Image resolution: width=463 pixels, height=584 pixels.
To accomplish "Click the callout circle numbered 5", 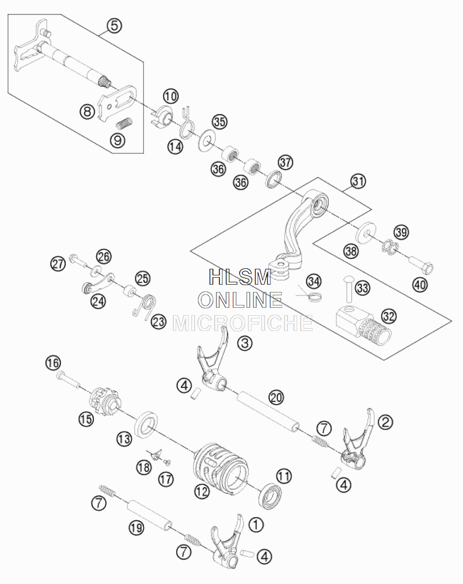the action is pos(114,26).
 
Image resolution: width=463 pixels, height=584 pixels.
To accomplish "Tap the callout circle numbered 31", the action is pos(358,181).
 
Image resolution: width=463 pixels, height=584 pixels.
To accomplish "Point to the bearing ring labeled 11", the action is pos(270,496).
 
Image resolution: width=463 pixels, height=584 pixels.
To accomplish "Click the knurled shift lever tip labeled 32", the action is pos(364,326).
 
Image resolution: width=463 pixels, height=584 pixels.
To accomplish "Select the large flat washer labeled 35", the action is pos(206,140).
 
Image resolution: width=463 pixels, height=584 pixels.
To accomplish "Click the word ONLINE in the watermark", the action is pos(240,300).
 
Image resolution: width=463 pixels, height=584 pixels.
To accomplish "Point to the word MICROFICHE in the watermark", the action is pos(243,323).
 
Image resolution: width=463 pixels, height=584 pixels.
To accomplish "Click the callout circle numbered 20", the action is pos(276,398).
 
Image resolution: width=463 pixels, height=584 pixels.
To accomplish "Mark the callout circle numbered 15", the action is pos(86,419).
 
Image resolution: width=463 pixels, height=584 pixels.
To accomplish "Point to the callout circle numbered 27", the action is pos(58,264).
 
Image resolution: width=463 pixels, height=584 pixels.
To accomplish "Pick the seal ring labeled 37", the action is pos(274,179).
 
